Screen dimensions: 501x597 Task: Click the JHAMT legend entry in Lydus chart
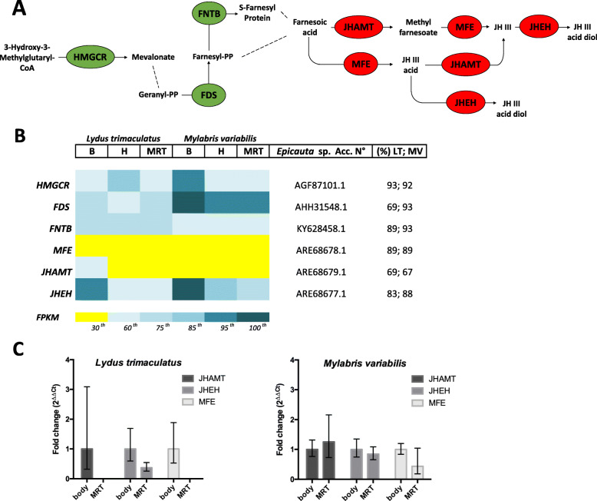point(219,377)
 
